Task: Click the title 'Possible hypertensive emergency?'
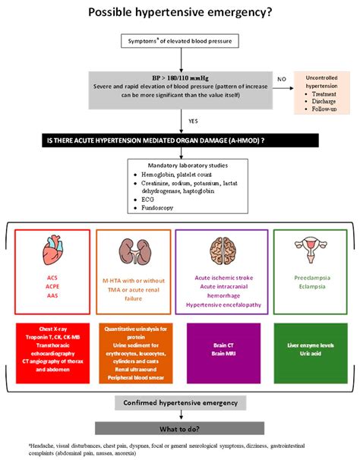(x=180, y=12)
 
